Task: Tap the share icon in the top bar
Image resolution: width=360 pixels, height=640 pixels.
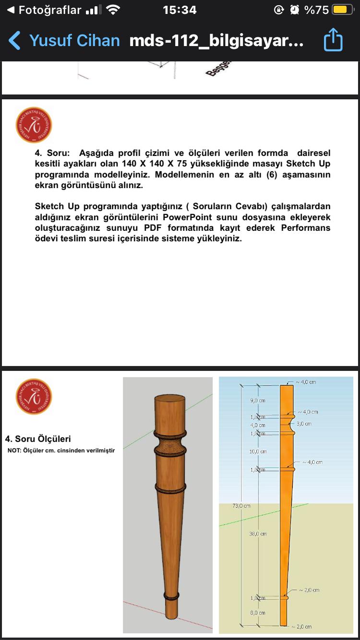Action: pos(333,40)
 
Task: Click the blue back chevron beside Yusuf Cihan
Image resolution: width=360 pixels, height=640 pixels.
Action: pos(15,41)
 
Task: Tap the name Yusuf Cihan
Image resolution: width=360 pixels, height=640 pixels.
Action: pos(74,41)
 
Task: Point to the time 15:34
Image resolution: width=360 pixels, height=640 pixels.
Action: pos(180,10)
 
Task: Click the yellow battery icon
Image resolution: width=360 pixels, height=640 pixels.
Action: pos(343,10)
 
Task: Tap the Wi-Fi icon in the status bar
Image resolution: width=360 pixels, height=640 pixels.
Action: pos(113,10)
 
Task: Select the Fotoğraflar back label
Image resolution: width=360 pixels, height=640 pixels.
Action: pos(49,10)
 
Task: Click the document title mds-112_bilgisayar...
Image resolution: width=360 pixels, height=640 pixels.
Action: pos(216,41)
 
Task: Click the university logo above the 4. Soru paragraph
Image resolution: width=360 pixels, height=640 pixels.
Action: pos(34,125)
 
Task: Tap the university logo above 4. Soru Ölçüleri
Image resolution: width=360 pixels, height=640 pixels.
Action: pos(34,397)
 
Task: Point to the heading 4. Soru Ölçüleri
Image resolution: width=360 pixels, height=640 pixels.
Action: pos(38,439)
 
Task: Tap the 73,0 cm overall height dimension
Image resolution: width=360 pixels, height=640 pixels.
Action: pos(242,506)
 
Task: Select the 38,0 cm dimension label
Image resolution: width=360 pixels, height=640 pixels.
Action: pos(258,533)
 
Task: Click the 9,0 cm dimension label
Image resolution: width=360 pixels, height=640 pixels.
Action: pos(258,400)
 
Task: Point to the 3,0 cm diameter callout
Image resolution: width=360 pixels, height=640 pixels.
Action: pos(304,424)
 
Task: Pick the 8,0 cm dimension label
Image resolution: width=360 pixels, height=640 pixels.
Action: pos(257,613)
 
